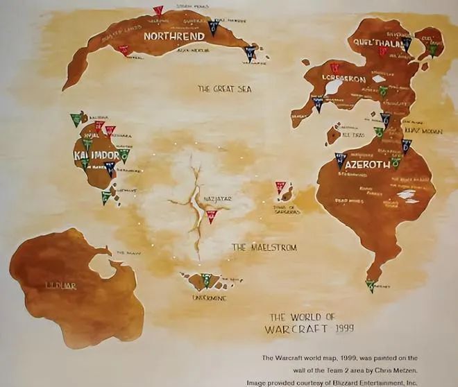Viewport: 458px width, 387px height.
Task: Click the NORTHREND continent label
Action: (173, 35)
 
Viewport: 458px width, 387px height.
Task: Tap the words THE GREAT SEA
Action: (224, 89)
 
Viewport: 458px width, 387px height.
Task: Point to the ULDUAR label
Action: (60, 285)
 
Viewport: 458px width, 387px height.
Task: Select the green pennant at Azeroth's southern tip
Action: (372, 286)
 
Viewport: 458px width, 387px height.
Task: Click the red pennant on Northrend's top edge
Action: (158, 11)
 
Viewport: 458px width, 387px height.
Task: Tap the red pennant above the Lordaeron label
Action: (334, 68)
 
